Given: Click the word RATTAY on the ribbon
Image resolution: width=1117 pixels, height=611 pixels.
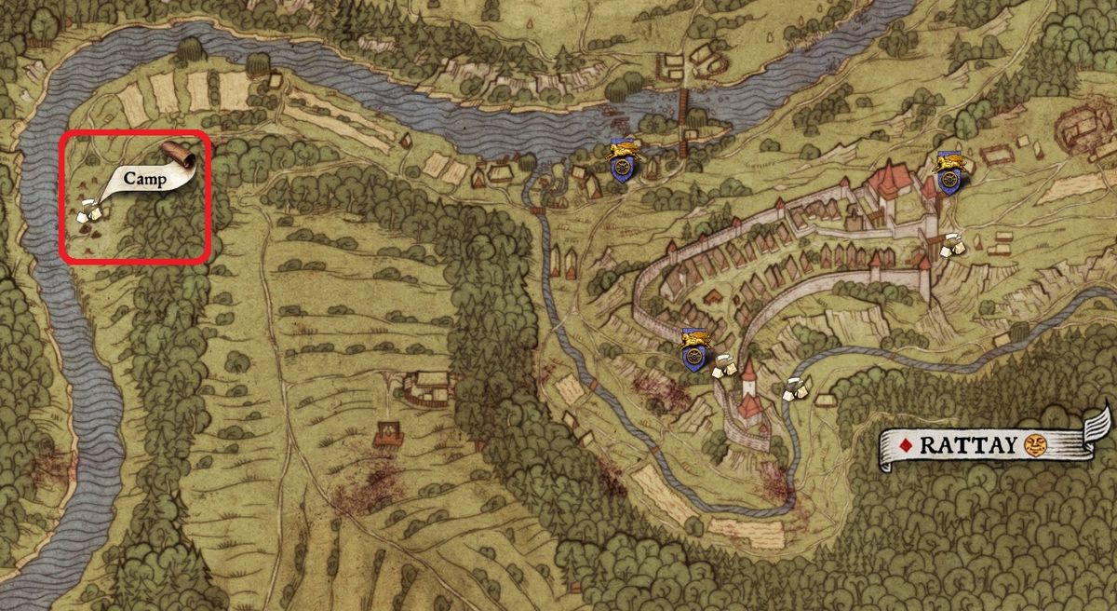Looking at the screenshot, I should click(968, 445).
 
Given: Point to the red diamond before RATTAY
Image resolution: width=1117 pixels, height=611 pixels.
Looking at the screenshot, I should click(904, 445).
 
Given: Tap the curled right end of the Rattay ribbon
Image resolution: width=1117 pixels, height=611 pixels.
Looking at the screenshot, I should click(1099, 428).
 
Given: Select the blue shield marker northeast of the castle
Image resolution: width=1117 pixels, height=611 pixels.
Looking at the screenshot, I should click(949, 173).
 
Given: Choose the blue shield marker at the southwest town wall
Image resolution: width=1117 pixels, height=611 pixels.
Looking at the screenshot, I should click(693, 350).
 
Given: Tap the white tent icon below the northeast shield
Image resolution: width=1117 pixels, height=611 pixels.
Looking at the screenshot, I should click(951, 245).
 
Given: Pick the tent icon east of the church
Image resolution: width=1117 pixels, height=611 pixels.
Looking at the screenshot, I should click(794, 388).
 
